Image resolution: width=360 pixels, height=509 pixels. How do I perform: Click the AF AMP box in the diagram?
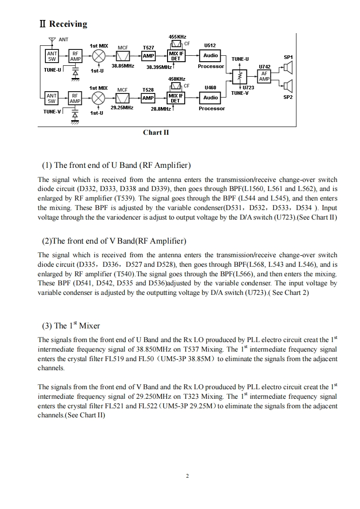click(264, 76)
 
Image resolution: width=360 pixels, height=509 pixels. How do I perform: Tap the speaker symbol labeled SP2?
click(288, 85)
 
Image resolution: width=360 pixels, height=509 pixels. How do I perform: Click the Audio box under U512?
click(211, 55)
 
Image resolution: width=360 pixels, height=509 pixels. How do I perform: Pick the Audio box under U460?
click(211, 98)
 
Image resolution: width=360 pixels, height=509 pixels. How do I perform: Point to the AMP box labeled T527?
click(148, 56)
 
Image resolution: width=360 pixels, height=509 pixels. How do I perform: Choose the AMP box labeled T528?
click(148, 98)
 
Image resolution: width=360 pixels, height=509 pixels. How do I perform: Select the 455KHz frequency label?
click(177, 37)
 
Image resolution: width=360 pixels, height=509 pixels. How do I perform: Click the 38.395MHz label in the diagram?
click(159, 67)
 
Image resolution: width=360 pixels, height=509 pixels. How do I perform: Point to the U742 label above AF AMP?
click(264, 67)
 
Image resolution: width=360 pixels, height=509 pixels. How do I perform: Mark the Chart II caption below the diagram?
click(156, 132)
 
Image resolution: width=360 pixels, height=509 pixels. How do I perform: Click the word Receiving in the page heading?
click(68, 24)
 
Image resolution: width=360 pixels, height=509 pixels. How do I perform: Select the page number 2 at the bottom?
click(187, 476)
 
